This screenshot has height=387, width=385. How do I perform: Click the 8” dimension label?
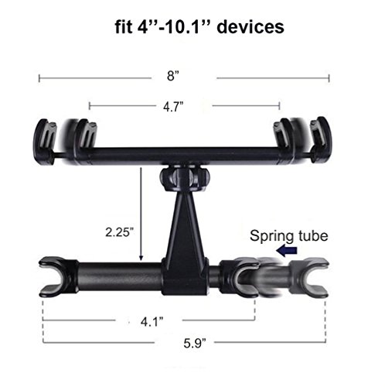click(x=172, y=76)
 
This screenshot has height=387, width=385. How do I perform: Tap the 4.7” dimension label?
click(x=173, y=106)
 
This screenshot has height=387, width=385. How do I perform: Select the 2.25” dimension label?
click(x=120, y=232)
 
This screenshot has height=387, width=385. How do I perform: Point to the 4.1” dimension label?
click(x=152, y=322)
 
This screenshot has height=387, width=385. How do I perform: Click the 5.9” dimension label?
click(x=195, y=343)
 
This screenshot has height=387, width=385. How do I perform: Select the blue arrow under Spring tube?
click(x=287, y=251)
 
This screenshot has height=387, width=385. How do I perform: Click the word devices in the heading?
click(x=250, y=27)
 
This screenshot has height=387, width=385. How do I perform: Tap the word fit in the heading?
click(x=124, y=27)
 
